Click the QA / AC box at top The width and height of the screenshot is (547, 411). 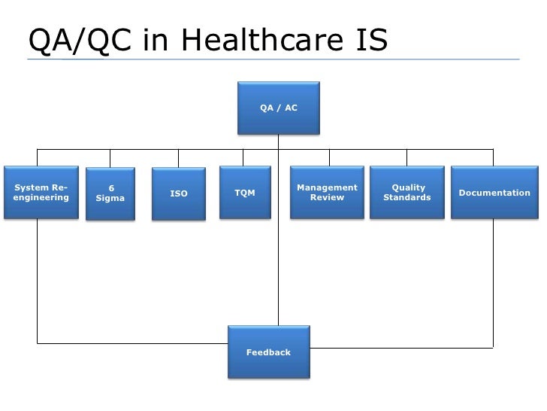pos(279,108)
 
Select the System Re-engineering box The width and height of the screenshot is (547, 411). pos(41,193)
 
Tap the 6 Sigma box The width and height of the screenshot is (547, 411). pos(110,194)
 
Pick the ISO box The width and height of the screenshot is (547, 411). pos(179,194)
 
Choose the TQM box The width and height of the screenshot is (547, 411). pos(245,193)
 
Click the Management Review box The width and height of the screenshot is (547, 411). pos(327,193)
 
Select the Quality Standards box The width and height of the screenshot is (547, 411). pos(407,193)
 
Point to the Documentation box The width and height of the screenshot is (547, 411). pos(494,193)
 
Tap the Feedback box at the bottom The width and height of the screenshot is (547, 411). pos(268,352)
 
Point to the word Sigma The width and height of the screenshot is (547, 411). pos(110,199)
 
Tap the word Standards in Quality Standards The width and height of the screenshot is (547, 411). pos(407,198)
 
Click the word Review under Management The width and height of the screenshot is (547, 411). pos(327,198)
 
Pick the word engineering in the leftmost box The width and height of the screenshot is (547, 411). pos(41,198)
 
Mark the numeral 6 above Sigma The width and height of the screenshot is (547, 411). pos(111,188)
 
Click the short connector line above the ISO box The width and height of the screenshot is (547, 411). pos(178,157)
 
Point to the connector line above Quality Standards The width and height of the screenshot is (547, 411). pos(407,157)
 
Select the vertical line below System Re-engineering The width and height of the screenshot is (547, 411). pos(38,279)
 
